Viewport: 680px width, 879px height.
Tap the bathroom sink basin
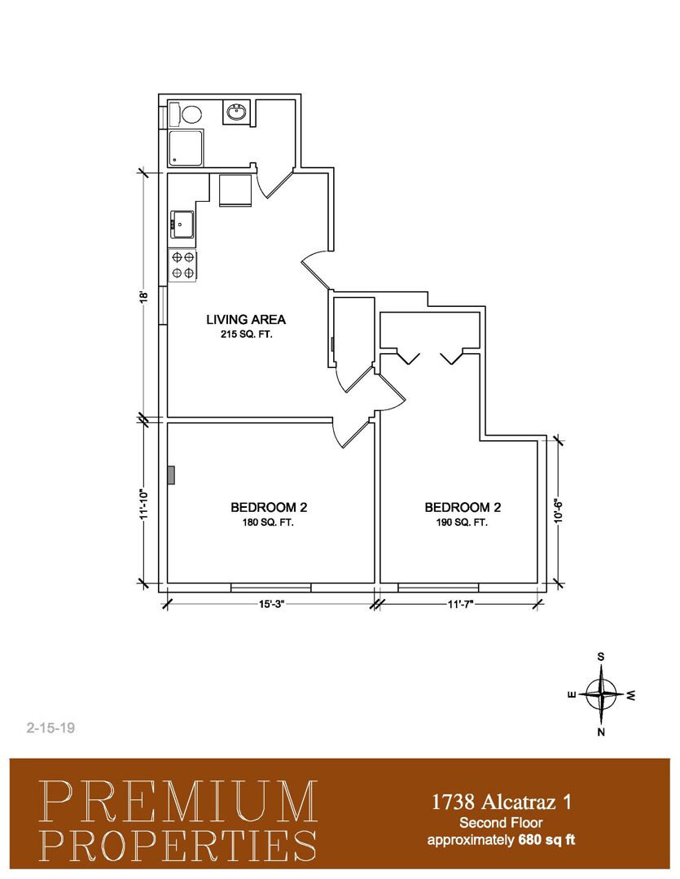coord(236,113)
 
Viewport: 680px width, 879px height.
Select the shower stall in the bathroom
coord(186,148)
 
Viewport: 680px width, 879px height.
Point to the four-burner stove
coord(183,265)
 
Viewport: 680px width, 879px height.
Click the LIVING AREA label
coord(246,320)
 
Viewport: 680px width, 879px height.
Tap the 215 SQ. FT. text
coord(246,335)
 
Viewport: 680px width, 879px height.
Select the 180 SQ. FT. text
coord(268,523)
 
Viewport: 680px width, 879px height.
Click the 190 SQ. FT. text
coord(462,523)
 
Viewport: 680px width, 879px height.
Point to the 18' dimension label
coord(144,296)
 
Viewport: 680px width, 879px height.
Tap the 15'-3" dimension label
coord(271,604)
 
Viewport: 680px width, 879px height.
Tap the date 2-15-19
coord(50,728)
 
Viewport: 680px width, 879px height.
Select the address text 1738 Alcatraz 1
coord(501,802)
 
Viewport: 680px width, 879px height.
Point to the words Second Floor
coord(501,823)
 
